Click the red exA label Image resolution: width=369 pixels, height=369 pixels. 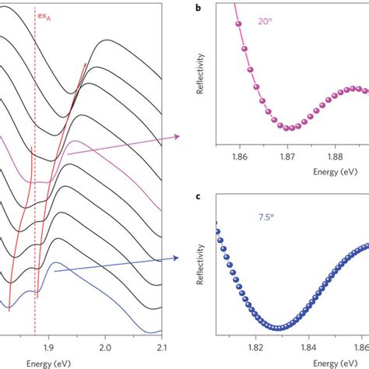point(46,14)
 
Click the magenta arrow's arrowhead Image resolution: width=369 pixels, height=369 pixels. point(178,136)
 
